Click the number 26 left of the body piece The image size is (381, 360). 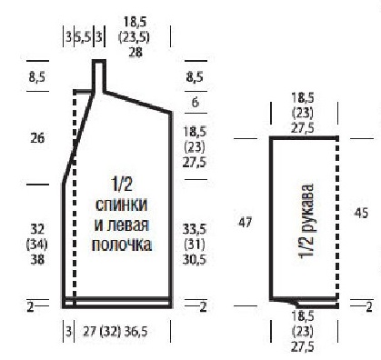pyautogui.click(x=37, y=138)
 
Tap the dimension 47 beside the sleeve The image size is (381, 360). pyautogui.click(x=245, y=223)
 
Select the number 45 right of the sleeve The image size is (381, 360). pyautogui.click(x=361, y=214)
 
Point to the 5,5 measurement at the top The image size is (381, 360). pyautogui.click(x=83, y=37)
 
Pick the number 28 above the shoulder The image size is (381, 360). pyautogui.click(x=135, y=52)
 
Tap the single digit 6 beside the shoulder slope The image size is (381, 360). pyautogui.click(x=195, y=103)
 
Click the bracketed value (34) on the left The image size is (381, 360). pyautogui.click(x=37, y=245)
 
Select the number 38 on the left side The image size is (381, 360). pyautogui.click(x=37, y=259)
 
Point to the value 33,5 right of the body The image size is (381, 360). pyautogui.click(x=195, y=229)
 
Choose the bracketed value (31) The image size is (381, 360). pyautogui.click(x=195, y=245)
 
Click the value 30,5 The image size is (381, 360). pyautogui.click(x=195, y=260)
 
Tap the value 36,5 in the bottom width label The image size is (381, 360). pyautogui.click(x=135, y=332)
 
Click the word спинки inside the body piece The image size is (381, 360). pyautogui.click(x=121, y=205)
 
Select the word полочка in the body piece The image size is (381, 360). pyautogui.click(x=122, y=245)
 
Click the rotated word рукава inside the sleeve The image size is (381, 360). pyautogui.click(x=306, y=205)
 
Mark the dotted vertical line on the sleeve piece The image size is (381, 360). pyautogui.click(x=336, y=218)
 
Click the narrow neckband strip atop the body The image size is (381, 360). pyautogui.click(x=99, y=76)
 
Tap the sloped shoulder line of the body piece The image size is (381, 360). pyautogui.click(x=138, y=103)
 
